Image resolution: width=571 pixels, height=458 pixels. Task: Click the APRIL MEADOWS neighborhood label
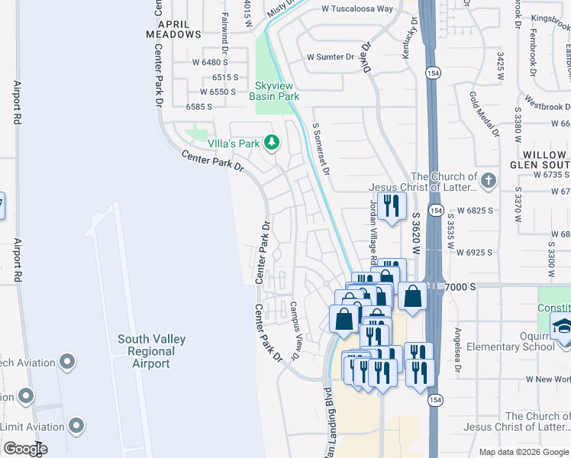tap(174, 28)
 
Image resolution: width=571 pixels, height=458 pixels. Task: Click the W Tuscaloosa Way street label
tap(357, 9)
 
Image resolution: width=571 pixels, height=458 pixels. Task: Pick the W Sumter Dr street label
tap(331, 56)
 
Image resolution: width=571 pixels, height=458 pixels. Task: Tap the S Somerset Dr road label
tap(321, 149)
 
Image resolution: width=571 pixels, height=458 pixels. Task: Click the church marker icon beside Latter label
tap(489, 181)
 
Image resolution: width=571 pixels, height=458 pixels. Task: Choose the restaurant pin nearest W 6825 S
tap(392, 206)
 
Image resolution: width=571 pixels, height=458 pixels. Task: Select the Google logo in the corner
tap(24, 449)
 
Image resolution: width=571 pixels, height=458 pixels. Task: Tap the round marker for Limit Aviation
tap(76, 424)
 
